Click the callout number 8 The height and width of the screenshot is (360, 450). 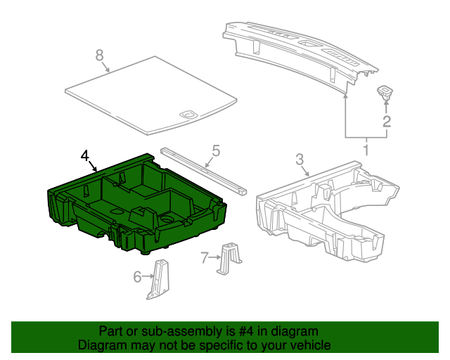click(x=99, y=54)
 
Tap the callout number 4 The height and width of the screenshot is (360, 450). click(x=85, y=155)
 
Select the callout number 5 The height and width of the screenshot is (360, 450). click(x=216, y=150)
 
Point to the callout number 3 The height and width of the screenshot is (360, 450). click(x=300, y=160)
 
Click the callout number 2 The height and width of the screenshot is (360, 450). click(x=386, y=122)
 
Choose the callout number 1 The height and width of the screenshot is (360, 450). click(x=366, y=149)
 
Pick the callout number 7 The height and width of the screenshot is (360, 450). click(x=205, y=258)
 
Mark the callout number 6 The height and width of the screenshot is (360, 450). click(x=138, y=277)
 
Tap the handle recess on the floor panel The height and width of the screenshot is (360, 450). click(x=188, y=112)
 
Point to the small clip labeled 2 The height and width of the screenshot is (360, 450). click(x=386, y=91)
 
